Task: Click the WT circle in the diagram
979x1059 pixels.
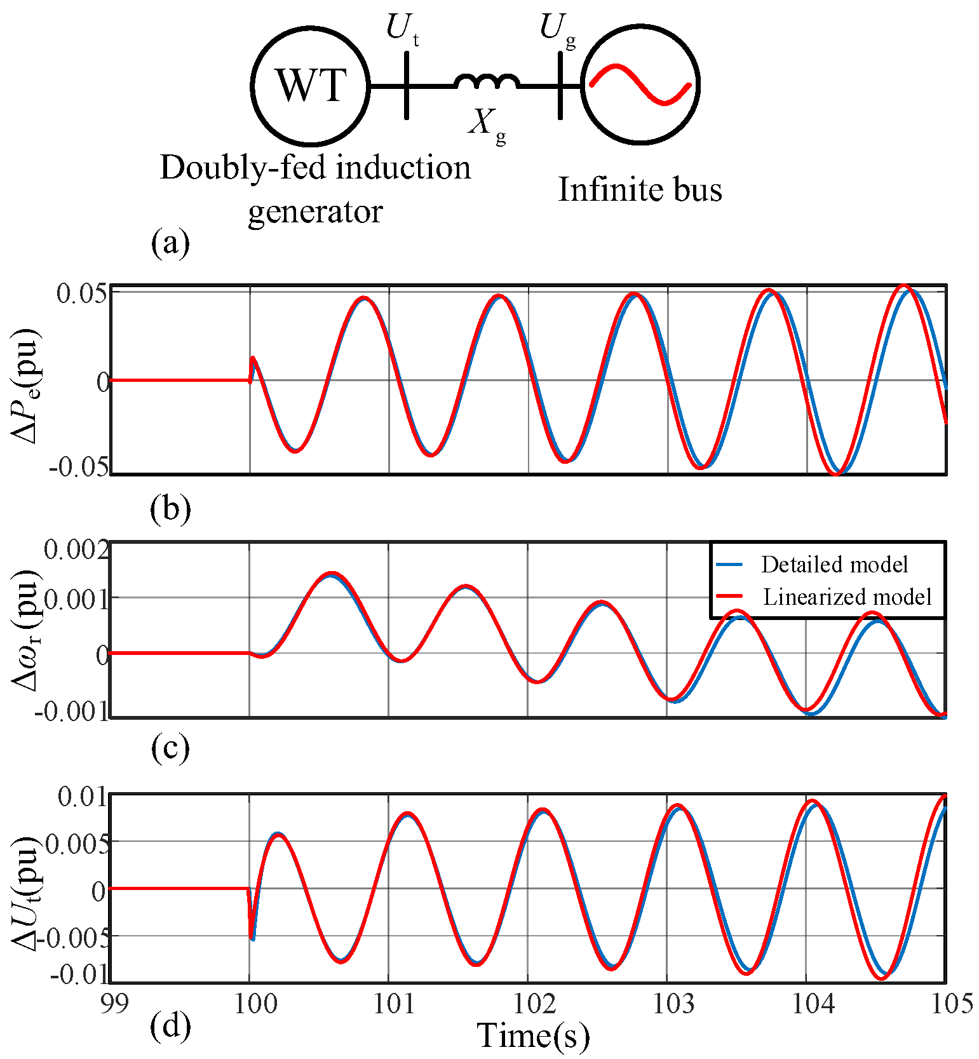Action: click(310, 85)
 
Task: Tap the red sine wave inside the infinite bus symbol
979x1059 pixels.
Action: click(640, 84)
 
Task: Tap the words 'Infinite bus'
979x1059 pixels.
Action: click(640, 189)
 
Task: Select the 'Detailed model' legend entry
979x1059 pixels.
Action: click(834, 564)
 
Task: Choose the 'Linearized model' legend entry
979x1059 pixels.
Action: click(846, 597)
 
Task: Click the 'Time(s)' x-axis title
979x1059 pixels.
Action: click(533, 1035)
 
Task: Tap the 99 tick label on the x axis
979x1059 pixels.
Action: click(114, 1004)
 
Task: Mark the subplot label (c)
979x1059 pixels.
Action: click(170, 748)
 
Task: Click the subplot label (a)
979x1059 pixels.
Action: click(170, 243)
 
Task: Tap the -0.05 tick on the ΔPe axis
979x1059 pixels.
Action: click(79, 467)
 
